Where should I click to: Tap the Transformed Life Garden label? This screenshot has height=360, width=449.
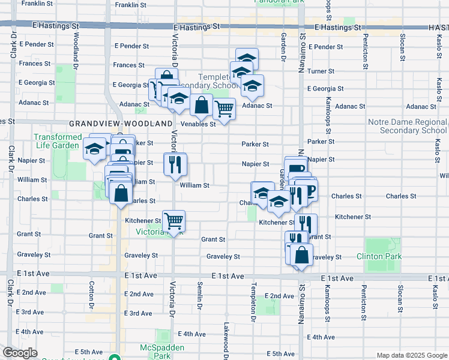57,141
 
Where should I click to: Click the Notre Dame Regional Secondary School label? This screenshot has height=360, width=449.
408,126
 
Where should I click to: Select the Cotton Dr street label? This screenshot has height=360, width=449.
91,294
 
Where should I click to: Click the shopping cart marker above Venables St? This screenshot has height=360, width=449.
224,109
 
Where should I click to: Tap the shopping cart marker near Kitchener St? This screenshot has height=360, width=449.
173,220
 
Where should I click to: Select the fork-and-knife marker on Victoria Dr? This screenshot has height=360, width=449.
175,164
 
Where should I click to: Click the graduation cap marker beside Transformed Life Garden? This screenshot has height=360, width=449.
94,148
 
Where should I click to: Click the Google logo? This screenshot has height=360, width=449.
20,353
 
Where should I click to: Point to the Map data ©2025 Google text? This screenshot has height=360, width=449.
411,355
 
